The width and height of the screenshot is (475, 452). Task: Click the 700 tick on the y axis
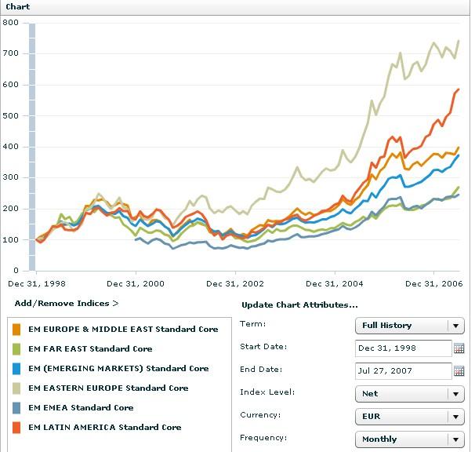12,53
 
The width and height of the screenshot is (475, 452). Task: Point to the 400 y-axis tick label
12,147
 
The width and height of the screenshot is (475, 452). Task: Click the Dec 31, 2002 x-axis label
236,283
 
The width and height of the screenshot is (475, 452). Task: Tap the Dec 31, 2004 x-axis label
335,283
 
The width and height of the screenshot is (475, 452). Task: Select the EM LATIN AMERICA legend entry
104,428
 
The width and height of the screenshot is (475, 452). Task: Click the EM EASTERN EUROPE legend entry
108,388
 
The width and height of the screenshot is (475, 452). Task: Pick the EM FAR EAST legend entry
90,349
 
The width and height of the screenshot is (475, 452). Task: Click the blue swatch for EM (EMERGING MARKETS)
17,369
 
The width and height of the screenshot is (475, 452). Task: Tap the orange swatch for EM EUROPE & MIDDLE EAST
17,330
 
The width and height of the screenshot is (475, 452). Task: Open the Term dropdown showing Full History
409,326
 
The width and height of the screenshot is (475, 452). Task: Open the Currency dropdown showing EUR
409,417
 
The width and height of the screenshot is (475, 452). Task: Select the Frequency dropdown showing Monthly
409,439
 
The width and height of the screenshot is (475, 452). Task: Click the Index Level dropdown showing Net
409,394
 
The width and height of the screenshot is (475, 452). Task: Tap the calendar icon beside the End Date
459,371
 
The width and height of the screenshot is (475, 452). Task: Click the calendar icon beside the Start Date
459,348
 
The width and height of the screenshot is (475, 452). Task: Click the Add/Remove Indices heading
67,303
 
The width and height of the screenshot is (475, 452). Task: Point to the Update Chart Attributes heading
299,304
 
